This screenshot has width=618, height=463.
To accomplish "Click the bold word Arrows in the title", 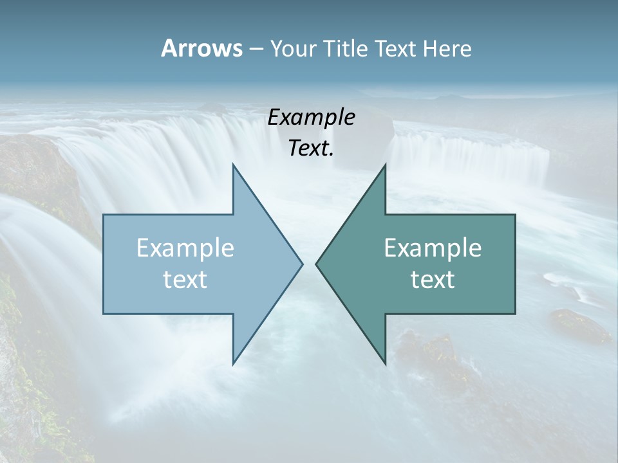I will coord(201,48).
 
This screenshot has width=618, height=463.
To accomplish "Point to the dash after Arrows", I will coord(256,49).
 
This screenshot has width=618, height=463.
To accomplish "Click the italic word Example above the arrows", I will coord(311,118).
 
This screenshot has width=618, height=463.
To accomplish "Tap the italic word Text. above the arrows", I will coord(311,149).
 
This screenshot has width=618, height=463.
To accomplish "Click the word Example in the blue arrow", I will coord(185,248).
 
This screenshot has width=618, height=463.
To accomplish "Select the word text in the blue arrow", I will coord(185,280).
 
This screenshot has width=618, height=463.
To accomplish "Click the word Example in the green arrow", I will coord(433,248).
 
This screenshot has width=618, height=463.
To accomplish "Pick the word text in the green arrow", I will coord(433,280).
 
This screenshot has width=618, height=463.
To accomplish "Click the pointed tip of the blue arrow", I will coord(302,264).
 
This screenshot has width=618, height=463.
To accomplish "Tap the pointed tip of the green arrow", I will coord(316,264).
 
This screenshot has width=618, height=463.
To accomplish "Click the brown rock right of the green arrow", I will coord(579,325).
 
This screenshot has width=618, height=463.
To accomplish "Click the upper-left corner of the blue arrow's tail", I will coord(104,215).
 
